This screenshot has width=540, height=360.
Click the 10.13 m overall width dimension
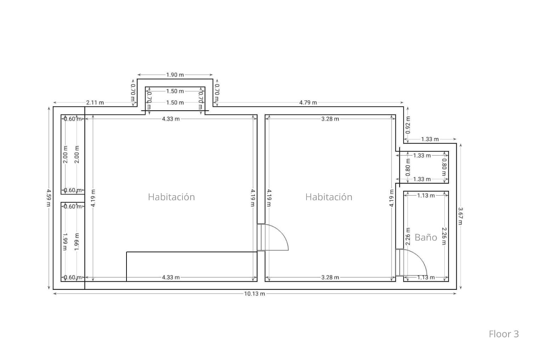tap(254, 294)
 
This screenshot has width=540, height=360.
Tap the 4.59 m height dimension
tap(49, 198)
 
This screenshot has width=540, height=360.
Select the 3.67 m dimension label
tap(460, 216)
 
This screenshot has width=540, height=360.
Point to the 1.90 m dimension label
tap(175, 75)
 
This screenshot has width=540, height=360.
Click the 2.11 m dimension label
tap(95, 102)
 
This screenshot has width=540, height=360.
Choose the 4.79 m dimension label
tap(308, 102)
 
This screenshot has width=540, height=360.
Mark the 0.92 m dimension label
tap(408, 125)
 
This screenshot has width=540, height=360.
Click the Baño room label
tap(426, 237)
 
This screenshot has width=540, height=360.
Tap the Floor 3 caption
tap(504, 334)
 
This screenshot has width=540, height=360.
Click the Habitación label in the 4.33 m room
tap(171, 197)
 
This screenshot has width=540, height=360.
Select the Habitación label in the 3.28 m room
tap(329, 197)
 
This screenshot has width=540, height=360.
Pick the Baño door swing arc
tap(420, 257)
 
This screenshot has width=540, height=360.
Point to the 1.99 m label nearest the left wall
tap(64, 242)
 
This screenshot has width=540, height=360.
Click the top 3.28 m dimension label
tap(330, 119)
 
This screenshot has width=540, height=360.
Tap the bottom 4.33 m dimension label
tap(171, 277)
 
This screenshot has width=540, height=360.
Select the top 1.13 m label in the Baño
tap(426, 195)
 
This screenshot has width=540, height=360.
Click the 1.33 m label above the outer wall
tap(430, 139)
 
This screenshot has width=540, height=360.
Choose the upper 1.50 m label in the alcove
tap(175, 91)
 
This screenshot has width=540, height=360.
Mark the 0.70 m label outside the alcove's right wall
tap(217, 92)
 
